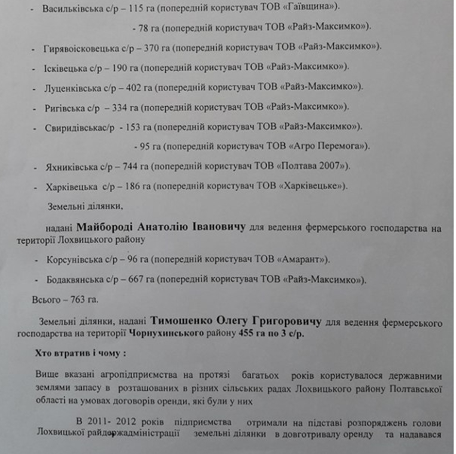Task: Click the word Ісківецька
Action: (x=66, y=67)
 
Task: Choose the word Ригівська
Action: (x=65, y=107)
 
